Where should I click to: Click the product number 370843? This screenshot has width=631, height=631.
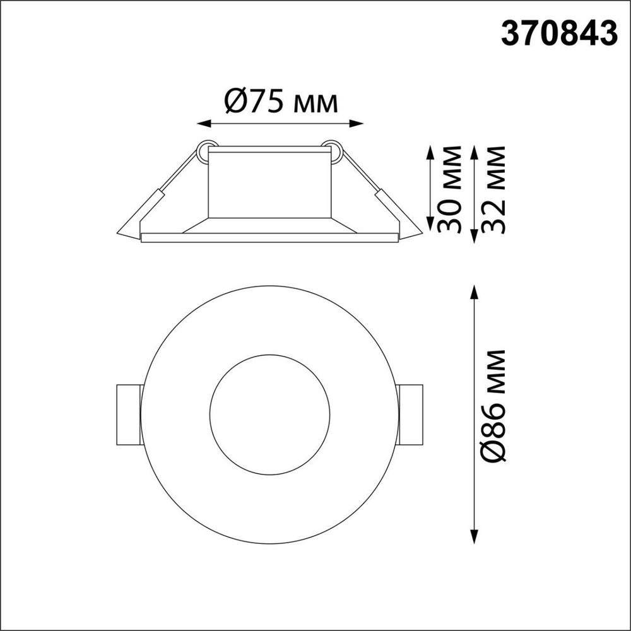pos(558,34)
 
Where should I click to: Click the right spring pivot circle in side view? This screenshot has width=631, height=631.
pos(332,149)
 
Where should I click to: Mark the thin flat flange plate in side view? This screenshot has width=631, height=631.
pos(269,238)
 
